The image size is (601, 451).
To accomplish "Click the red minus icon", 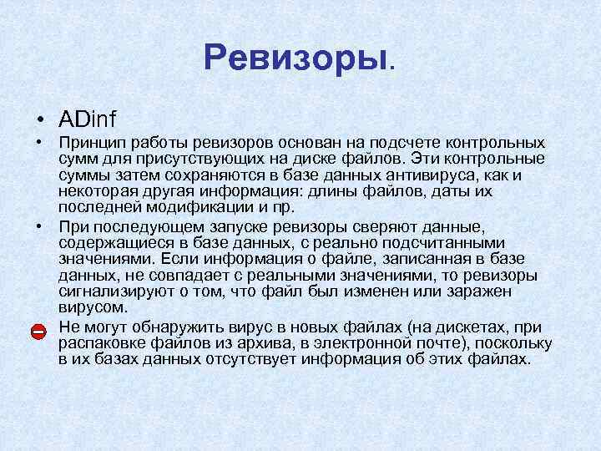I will pyautogui.click(x=38, y=332).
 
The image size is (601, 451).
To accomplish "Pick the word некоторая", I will pyautogui.click(x=95, y=190).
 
